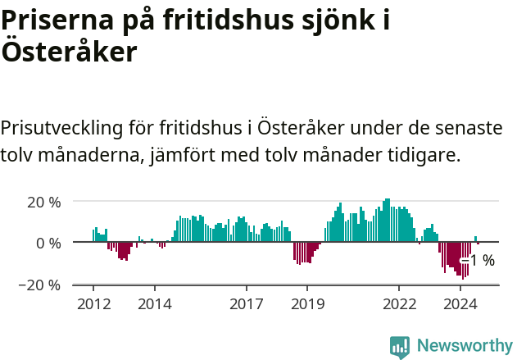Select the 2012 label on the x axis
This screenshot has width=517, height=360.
point(93,303)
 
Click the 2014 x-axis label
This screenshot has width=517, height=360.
point(154,303)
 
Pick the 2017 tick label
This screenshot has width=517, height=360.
point(246,303)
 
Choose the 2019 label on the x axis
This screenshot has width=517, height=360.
point(307,303)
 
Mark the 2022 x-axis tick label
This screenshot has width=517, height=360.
point(399,303)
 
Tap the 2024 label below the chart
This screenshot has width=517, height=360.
point(460,303)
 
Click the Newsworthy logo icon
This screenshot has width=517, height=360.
point(400,347)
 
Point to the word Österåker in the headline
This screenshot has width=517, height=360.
point(68,52)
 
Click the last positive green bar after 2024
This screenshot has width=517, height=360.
point(476,239)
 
